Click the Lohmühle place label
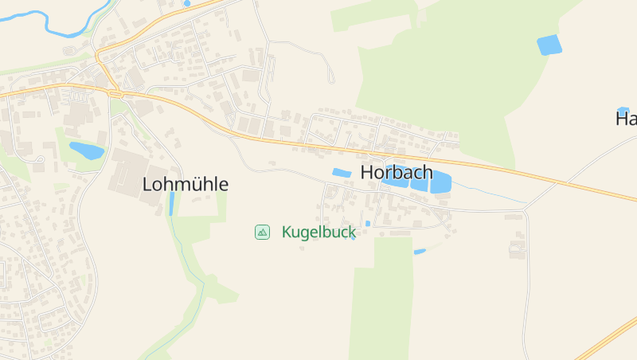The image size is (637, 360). pyautogui.click(x=186, y=184)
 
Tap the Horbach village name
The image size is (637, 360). pyautogui.click(x=397, y=172)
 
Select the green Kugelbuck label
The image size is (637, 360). pyautogui.click(x=318, y=233)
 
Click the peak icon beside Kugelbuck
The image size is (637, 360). pyautogui.click(x=262, y=232)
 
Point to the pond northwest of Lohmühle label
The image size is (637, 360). pyautogui.click(x=86, y=150)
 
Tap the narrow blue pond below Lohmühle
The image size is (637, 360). pyautogui.click(x=172, y=203)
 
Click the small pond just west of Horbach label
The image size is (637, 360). pyautogui.click(x=342, y=173)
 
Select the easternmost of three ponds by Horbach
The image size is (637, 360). pyautogui.click(x=440, y=182)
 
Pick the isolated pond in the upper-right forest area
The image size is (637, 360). pyautogui.click(x=549, y=45)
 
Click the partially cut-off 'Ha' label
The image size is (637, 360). pyautogui.click(x=626, y=119)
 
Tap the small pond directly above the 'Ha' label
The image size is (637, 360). pyautogui.click(x=623, y=110)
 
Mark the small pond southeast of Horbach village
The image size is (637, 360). pyautogui.click(x=420, y=252)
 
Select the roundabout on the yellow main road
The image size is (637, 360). pyautogui.click(x=115, y=93)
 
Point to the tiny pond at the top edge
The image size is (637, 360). pyautogui.click(x=187, y=3)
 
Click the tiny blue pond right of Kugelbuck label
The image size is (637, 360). pyautogui.click(x=367, y=224)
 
